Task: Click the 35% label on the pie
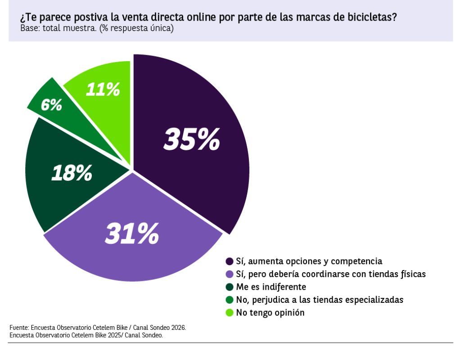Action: tap(192, 139)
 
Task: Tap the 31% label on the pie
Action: tap(132, 234)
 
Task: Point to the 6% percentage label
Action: tap(51, 104)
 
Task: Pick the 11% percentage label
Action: tap(103, 89)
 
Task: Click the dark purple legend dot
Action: tap(229, 261)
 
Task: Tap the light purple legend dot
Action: tap(229, 274)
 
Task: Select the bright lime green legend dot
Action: tap(229, 313)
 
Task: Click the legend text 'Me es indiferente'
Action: tap(271, 287)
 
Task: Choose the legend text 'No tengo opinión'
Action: tap(270, 312)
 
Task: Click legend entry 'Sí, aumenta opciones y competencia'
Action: tap(309, 261)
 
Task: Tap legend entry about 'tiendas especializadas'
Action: tap(320, 300)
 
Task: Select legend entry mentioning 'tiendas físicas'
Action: tap(331, 274)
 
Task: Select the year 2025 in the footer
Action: tap(115, 335)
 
